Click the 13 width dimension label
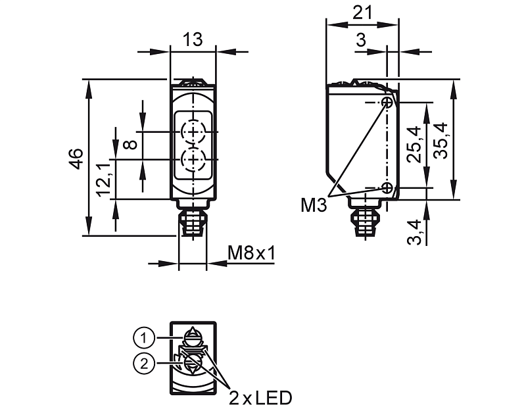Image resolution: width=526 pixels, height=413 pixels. (193, 39)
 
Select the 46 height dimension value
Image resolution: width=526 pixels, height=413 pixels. (76, 158)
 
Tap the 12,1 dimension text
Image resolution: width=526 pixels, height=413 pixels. (104, 180)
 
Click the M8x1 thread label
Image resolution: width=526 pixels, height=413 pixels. (251, 253)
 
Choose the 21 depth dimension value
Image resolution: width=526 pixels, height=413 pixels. (362, 13)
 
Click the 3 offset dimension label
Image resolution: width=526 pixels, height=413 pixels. (360, 40)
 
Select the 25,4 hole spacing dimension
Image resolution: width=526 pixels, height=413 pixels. (414, 144)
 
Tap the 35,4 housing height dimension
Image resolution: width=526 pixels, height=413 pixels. (441, 141)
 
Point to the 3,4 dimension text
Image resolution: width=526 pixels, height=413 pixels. (414, 232)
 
